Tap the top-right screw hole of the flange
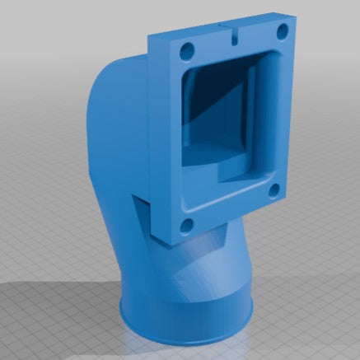point(282,30)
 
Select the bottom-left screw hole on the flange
point(187,223)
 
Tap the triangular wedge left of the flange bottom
point(140,214)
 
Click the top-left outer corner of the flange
point(149,37)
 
